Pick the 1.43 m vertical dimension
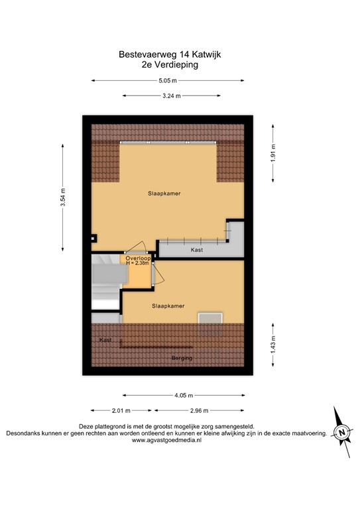click(x=271, y=345)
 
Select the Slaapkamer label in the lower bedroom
click(x=168, y=306)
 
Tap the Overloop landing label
click(x=139, y=258)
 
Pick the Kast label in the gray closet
click(x=197, y=251)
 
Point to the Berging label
click(x=182, y=358)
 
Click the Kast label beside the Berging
click(x=105, y=339)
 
